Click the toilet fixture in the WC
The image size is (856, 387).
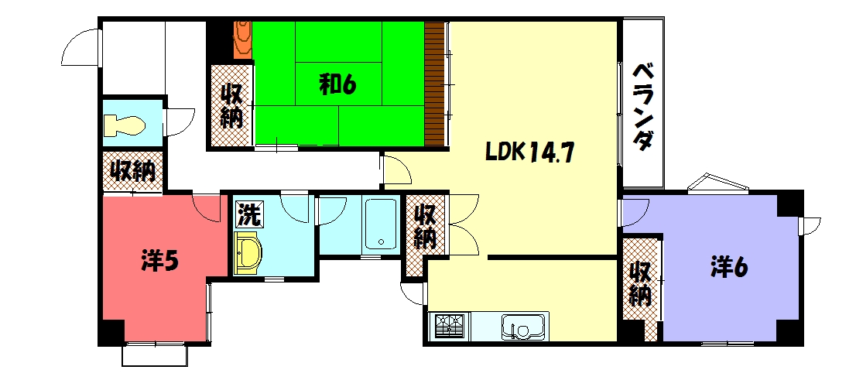(x=125, y=125)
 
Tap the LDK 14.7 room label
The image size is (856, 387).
(x=529, y=152)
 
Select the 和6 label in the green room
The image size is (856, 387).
(x=337, y=84)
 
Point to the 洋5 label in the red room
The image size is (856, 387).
(x=160, y=261)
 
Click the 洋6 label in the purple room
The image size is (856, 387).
(x=728, y=267)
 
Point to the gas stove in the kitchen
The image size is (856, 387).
(x=447, y=326)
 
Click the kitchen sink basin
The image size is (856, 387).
(x=517, y=327)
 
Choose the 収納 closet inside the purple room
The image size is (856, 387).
(x=641, y=284)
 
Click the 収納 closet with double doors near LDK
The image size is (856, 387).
(x=423, y=226)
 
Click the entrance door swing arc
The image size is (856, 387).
(x=80, y=47)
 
